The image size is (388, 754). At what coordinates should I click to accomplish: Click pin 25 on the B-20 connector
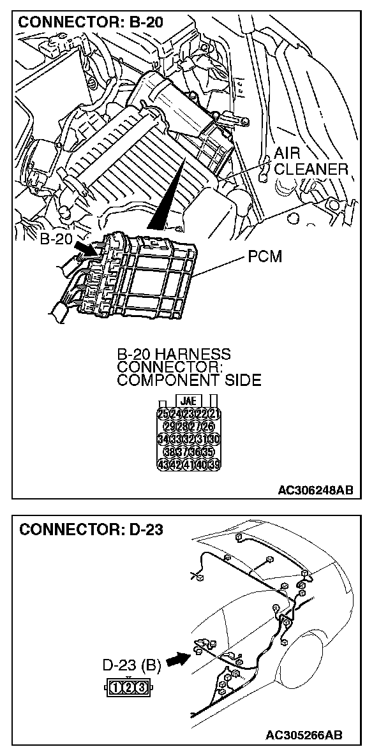[163, 413]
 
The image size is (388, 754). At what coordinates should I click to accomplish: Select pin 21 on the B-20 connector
[214, 413]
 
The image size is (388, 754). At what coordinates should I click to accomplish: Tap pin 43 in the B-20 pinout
[163, 464]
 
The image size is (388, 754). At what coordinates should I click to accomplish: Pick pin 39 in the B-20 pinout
[214, 464]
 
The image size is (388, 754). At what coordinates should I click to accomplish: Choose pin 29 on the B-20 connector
[170, 426]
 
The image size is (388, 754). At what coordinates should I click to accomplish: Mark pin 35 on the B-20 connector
[208, 451]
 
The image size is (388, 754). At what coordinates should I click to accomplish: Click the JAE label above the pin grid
[188, 401]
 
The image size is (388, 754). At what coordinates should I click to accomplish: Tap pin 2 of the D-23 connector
[128, 687]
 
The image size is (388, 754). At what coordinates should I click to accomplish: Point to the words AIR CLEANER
[310, 161]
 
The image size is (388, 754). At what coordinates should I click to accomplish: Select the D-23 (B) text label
[131, 666]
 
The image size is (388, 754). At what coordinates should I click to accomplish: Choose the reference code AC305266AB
[305, 735]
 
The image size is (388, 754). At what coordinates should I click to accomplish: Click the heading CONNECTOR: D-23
[91, 530]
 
